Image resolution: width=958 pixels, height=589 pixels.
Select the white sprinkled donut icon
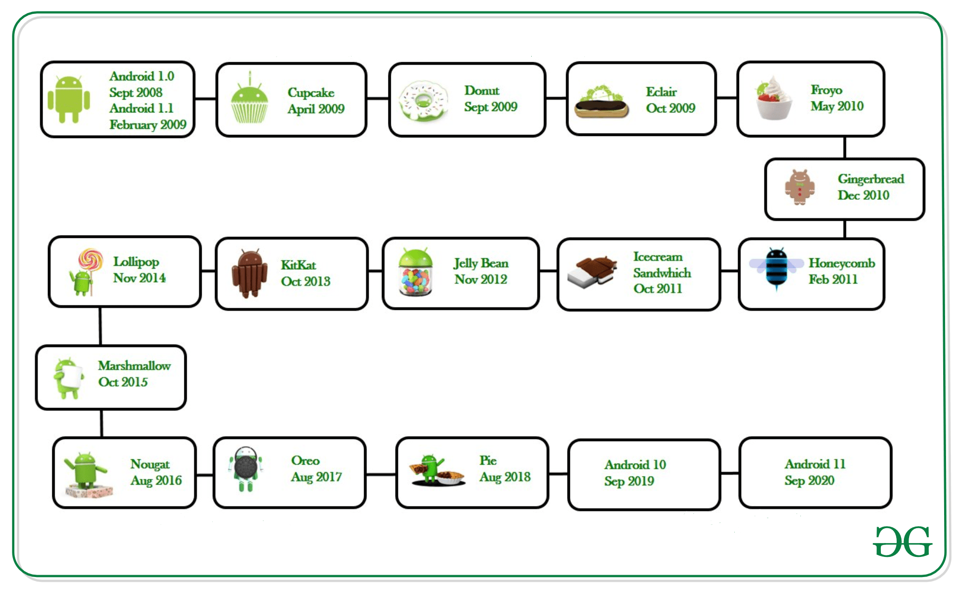tap(423, 101)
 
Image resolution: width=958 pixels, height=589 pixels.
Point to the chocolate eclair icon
tap(601, 102)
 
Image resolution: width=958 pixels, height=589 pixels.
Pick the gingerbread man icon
tap(799, 187)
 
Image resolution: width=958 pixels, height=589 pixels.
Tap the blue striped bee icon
tap(776, 268)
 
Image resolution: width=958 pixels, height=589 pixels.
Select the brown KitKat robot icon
tap(250, 273)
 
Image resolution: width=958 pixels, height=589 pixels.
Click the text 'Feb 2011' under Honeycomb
tap(833, 279)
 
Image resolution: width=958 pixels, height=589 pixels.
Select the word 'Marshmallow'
tap(134, 366)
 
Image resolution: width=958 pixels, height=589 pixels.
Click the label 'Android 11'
tap(815, 464)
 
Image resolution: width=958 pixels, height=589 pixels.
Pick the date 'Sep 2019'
tap(629, 481)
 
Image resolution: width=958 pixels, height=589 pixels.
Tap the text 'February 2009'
tap(148, 125)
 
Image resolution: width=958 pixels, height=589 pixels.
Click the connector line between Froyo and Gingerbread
tap(844, 147)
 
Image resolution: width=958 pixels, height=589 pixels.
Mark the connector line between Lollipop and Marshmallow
tap(100, 326)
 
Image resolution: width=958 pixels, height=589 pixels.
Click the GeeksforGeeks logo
tap(902, 542)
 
